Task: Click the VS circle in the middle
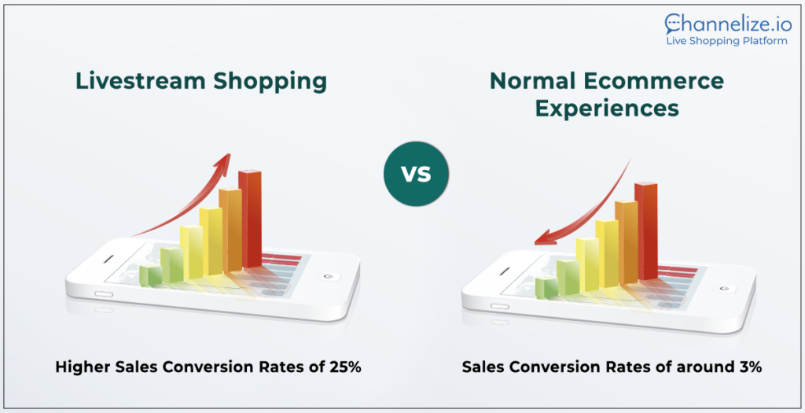[x=416, y=174]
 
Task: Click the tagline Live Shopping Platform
[x=726, y=41]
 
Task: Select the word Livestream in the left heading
[x=141, y=81]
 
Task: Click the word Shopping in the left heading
[x=270, y=82]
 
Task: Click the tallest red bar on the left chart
[x=250, y=219]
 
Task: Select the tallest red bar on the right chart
[x=646, y=231]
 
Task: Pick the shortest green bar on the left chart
[x=151, y=275]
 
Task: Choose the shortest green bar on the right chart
[x=547, y=287]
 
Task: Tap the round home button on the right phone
[x=724, y=289]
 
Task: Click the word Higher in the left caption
[x=82, y=367]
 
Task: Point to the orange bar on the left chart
[x=230, y=230]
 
